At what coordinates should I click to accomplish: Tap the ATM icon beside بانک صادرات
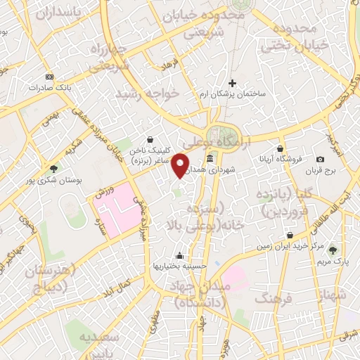[x=49, y=76]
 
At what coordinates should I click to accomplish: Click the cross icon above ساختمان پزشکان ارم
[x=232, y=83]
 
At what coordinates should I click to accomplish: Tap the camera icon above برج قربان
[x=321, y=160]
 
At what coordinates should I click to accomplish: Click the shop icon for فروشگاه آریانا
[x=281, y=148]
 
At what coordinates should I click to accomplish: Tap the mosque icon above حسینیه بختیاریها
[x=181, y=255]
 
